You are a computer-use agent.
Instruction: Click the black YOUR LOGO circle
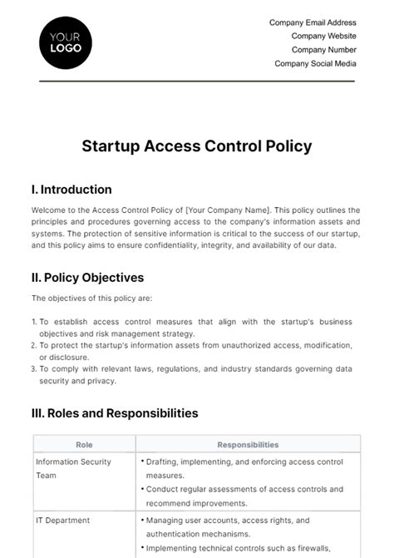coord(66,42)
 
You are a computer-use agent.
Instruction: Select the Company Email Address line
coord(313,22)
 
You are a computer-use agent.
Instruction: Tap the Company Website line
coord(323,36)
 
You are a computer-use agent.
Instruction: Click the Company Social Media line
coord(315,63)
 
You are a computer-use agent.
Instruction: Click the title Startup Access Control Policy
coord(197,146)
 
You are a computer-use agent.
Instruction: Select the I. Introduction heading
coord(71,190)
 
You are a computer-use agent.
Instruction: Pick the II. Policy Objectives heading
coord(88,277)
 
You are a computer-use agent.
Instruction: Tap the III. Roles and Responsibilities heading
coord(115,412)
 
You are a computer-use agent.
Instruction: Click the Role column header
coord(84,445)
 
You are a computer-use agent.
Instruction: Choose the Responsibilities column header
coord(248,445)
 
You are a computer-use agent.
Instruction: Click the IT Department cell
coord(63,521)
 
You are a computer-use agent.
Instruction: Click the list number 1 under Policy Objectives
coord(34,322)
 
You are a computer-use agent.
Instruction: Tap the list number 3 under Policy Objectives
coord(34,369)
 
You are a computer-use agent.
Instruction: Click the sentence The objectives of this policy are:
coord(92,299)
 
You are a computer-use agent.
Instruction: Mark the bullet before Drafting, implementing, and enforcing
coord(143,460)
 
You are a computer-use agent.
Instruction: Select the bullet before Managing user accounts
coord(143,521)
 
